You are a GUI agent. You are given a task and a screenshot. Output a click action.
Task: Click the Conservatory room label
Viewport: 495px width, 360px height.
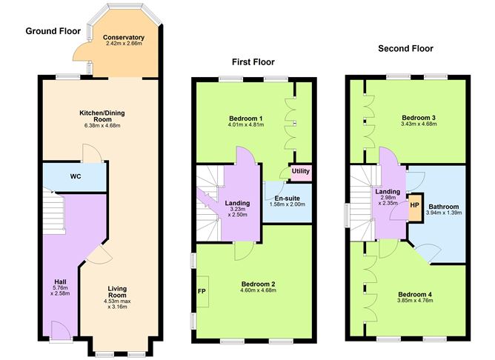tap(124, 37)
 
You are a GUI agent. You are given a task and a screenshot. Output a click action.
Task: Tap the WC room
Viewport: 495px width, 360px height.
tap(75, 177)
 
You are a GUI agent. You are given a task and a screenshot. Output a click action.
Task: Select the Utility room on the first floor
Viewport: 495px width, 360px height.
tap(301, 173)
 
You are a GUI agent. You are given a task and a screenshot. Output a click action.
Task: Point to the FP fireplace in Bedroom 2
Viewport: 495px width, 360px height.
tap(202, 291)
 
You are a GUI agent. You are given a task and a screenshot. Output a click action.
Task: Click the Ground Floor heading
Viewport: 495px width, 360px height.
tap(53, 31)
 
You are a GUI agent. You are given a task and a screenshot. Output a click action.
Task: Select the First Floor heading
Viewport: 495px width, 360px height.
tap(253, 61)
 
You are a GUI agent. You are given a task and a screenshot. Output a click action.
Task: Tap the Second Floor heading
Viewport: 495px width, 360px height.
tap(405, 49)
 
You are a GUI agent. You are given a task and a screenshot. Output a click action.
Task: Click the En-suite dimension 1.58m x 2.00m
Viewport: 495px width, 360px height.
tap(288, 204)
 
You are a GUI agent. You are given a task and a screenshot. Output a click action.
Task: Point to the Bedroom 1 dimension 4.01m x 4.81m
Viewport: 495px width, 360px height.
tap(245, 124)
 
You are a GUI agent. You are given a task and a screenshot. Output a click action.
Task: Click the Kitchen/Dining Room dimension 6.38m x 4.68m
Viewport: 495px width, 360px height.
tap(102, 126)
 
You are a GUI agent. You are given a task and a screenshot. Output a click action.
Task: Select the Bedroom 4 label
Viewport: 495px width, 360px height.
tap(415, 294)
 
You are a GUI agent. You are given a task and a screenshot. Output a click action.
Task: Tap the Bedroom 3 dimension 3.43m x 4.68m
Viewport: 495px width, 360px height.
tap(419, 124)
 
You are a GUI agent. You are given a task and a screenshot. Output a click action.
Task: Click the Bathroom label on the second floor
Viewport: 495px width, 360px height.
tap(444, 207)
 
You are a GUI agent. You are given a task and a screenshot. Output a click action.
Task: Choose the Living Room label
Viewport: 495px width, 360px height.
tap(117, 292)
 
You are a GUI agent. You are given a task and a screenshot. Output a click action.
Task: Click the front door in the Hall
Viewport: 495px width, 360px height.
tap(61, 330)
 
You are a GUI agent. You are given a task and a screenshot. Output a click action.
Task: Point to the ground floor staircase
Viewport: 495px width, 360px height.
tap(54, 212)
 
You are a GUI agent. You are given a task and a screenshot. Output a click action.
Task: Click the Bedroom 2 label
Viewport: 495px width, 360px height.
tap(258, 284)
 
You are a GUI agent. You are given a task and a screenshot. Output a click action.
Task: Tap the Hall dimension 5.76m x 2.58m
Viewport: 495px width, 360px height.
tap(60, 290)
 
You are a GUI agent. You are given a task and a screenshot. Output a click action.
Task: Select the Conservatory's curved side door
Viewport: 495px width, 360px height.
tap(80, 51)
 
